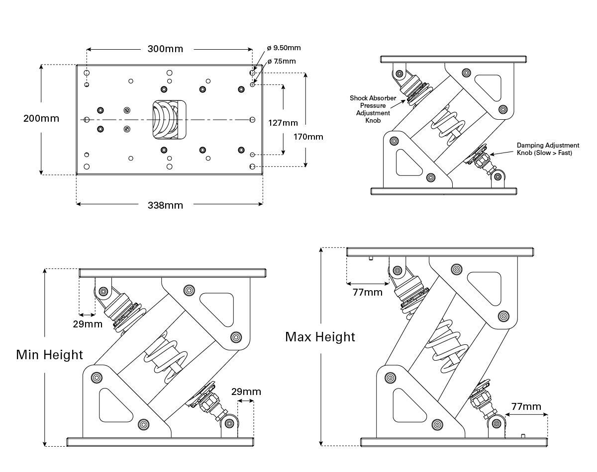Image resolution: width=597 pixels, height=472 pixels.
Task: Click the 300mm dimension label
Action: click(x=165, y=49)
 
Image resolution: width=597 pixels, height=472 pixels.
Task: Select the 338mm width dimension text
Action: click(x=165, y=205)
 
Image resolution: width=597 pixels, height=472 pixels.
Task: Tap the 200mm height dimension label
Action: click(x=41, y=118)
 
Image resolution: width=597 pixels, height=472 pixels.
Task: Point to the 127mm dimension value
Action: click(x=283, y=123)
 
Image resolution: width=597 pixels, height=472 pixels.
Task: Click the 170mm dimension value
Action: click(x=308, y=136)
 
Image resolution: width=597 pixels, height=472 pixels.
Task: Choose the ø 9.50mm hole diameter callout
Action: click(x=284, y=48)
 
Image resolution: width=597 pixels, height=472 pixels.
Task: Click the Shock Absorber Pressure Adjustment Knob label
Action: click(x=373, y=109)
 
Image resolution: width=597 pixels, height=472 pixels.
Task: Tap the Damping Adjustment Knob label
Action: click(x=548, y=149)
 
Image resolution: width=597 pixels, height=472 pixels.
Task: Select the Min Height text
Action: click(x=50, y=355)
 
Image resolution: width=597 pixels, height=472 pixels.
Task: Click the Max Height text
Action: click(x=320, y=337)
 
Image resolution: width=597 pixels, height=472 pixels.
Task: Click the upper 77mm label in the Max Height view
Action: click(x=368, y=292)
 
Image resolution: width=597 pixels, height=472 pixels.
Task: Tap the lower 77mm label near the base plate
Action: click(x=526, y=406)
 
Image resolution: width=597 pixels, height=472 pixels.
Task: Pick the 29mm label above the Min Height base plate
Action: click(x=246, y=392)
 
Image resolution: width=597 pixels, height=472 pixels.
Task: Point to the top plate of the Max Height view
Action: click(x=441, y=252)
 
